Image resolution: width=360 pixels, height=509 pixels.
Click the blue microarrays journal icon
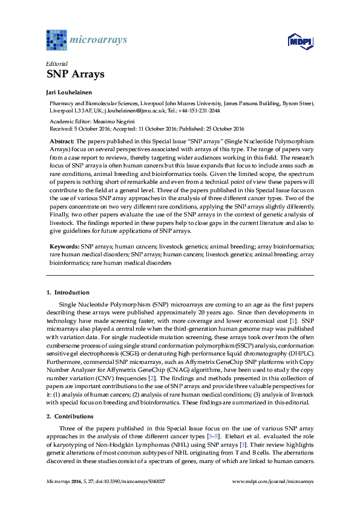(x=57, y=39)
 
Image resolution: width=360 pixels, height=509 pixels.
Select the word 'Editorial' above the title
(x=57, y=63)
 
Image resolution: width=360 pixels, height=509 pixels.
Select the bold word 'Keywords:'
(x=64, y=247)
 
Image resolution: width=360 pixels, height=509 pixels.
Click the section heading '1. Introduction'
(x=68, y=293)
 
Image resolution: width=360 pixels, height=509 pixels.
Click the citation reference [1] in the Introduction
(x=293, y=319)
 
